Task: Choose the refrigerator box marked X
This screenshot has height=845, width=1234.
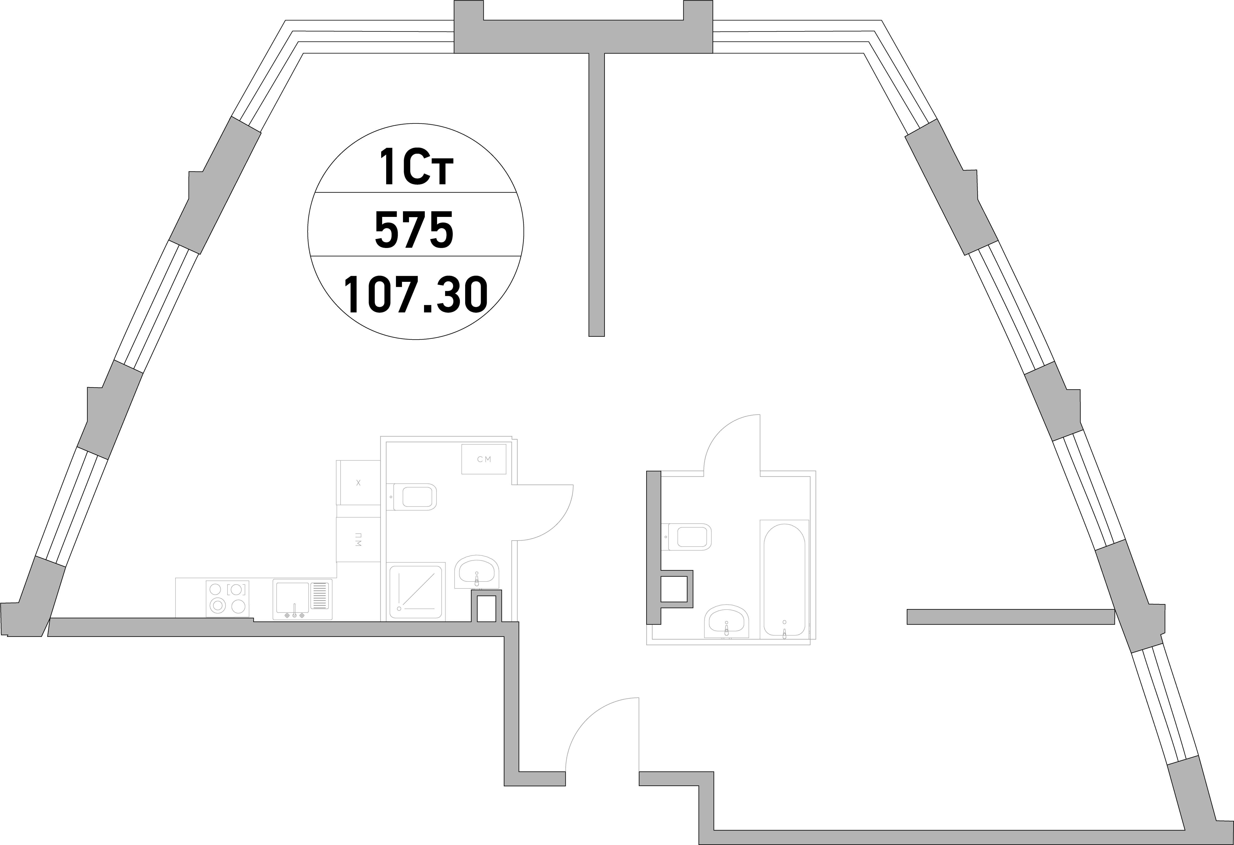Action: point(358,482)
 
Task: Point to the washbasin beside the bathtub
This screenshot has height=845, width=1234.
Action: point(726,620)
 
